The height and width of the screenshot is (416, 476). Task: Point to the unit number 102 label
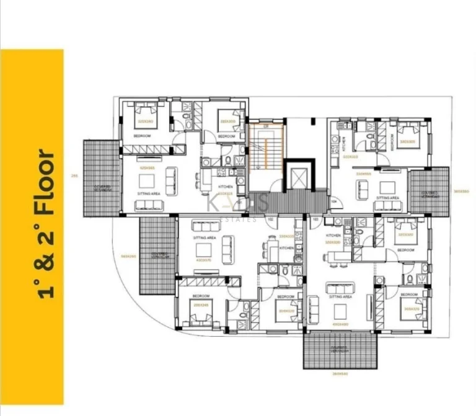[270, 219]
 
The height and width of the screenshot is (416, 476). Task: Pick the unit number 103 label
[314, 219]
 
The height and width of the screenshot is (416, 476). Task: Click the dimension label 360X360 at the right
[461, 191]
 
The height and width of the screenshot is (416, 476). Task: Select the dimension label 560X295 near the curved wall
[128, 255]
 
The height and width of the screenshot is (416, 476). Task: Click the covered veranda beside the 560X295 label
[159, 255]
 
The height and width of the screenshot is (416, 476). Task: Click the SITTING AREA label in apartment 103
[341, 297]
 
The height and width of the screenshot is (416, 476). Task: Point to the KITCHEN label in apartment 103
[333, 236]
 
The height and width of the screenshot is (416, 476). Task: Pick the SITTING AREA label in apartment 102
[204, 237]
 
